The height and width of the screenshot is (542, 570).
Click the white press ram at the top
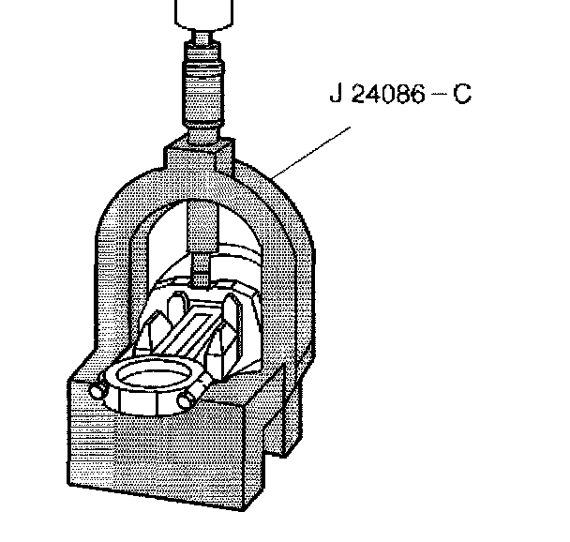(202, 14)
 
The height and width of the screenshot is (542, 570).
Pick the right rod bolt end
(185, 401)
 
